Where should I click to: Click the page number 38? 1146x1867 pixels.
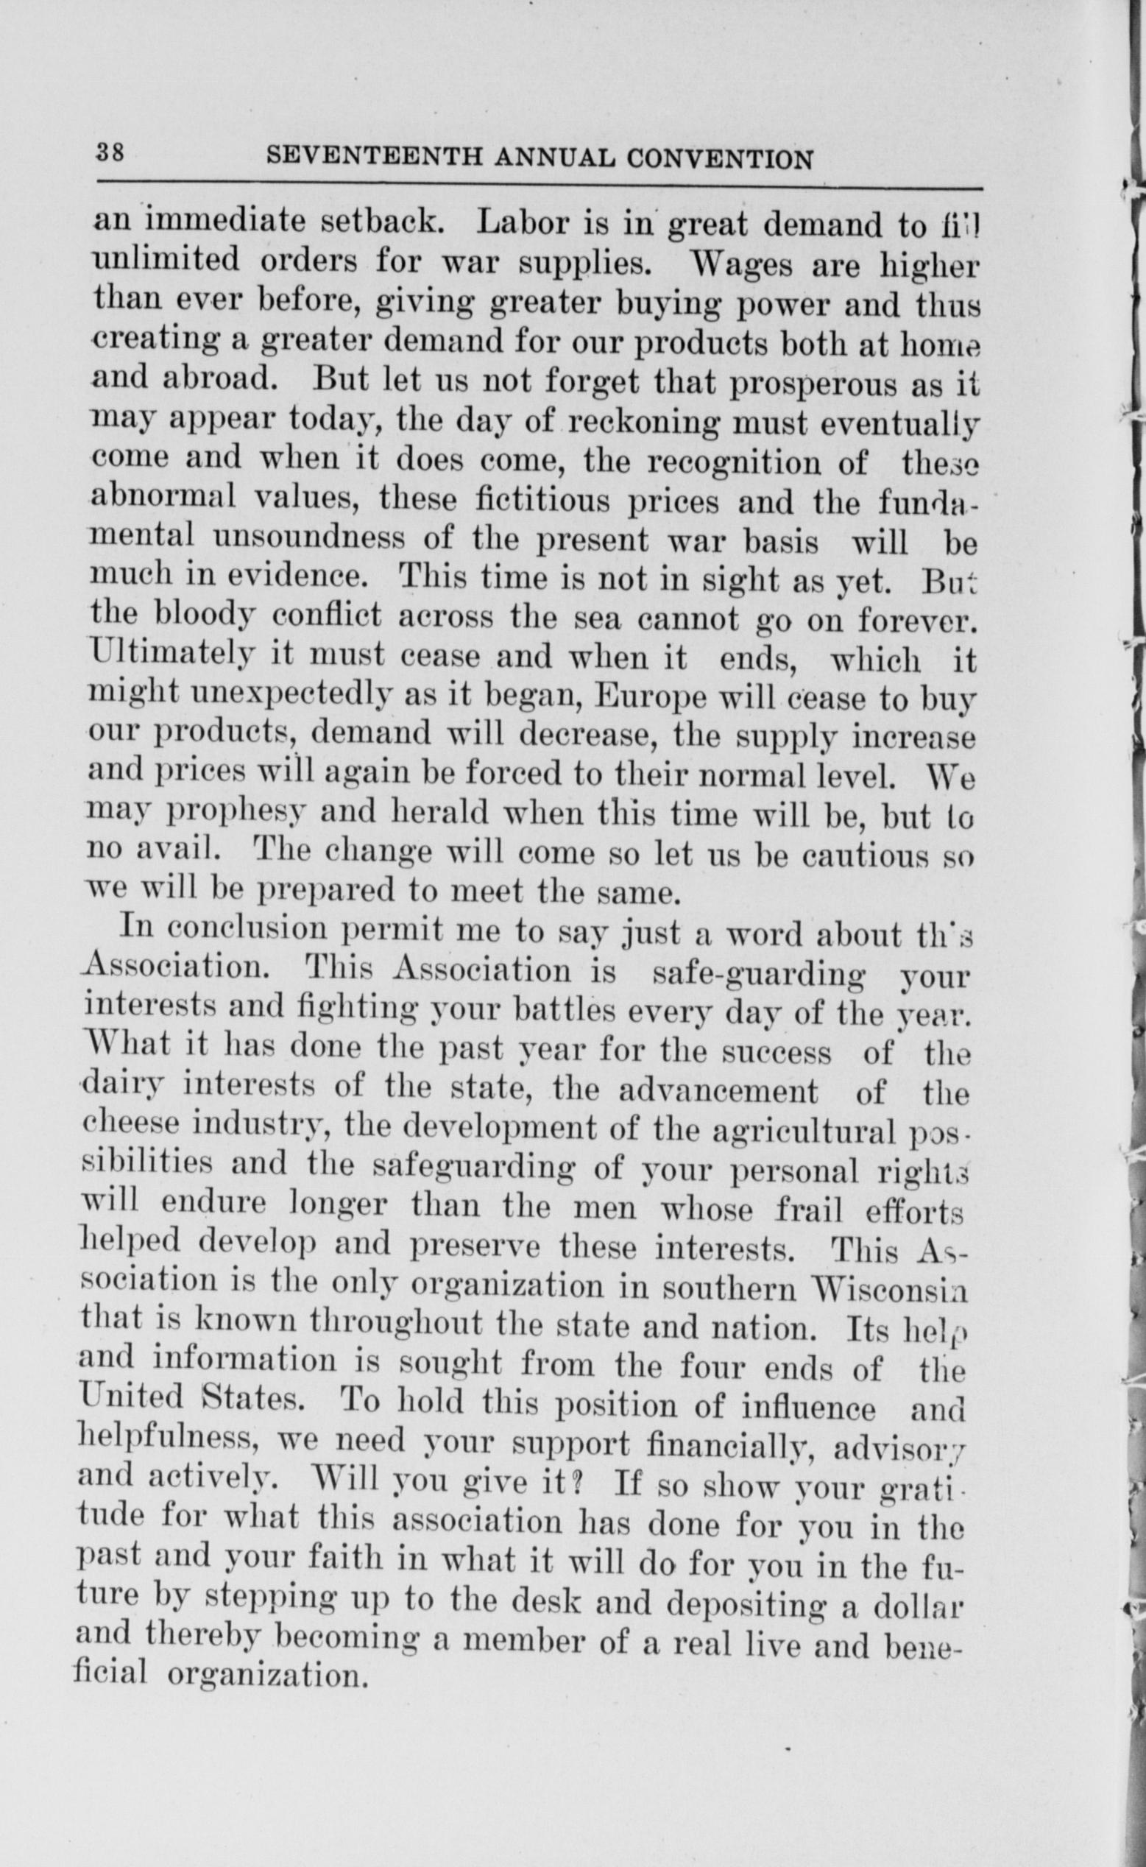(110, 152)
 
